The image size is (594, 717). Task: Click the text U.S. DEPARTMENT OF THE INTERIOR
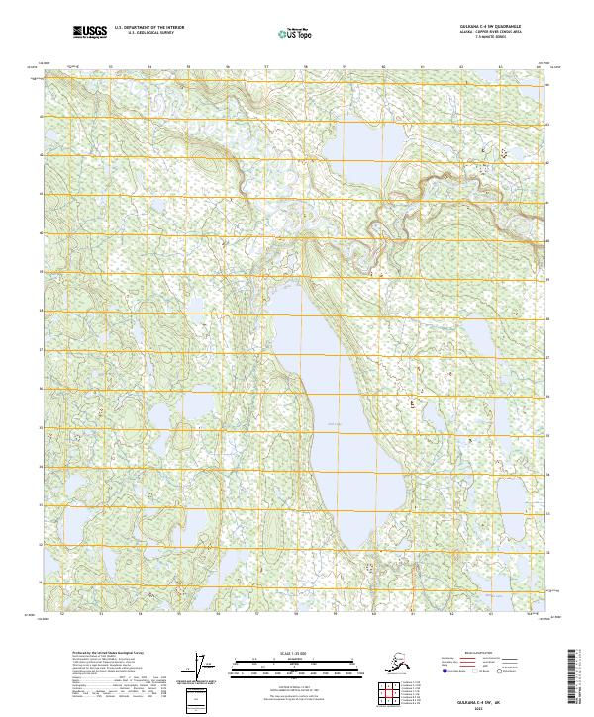[148, 29]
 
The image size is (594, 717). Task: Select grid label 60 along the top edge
[383, 67]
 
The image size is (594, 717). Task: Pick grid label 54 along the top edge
[149, 67]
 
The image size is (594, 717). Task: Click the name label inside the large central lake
[333, 426]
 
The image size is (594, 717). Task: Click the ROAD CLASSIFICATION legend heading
[475, 654]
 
